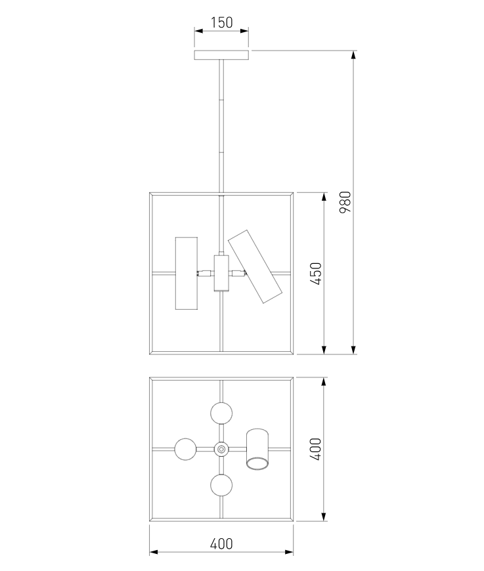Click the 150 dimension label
point(222,22)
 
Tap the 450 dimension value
point(315,273)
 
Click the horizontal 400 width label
point(221,543)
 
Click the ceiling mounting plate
point(222,55)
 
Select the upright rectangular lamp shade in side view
point(187,273)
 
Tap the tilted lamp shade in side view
point(255,266)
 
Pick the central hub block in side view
point(221,273)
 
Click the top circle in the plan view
point(221,413)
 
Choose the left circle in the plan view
point(185,450)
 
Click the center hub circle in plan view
point(221,450)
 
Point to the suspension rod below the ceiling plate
point(222,125)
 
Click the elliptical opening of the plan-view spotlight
point(257,464)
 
